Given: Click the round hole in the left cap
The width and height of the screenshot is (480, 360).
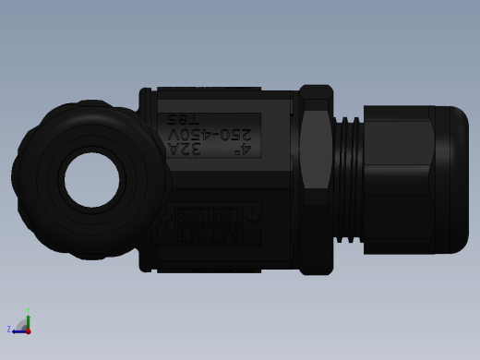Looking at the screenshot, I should pos(92,180).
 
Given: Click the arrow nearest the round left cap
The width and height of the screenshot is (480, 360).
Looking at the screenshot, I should pos(166,219).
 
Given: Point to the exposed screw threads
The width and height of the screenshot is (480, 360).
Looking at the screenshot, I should pos(348,180).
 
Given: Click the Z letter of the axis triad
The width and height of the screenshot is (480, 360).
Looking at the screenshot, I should pos(9,329).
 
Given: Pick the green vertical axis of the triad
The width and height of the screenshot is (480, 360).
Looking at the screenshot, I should pos(28,317).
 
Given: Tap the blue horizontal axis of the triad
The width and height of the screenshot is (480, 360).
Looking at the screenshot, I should pos(18,330).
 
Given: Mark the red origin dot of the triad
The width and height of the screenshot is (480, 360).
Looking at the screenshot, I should pos(28,330).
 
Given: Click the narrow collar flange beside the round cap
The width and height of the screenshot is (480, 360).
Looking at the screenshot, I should pos(145,180).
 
